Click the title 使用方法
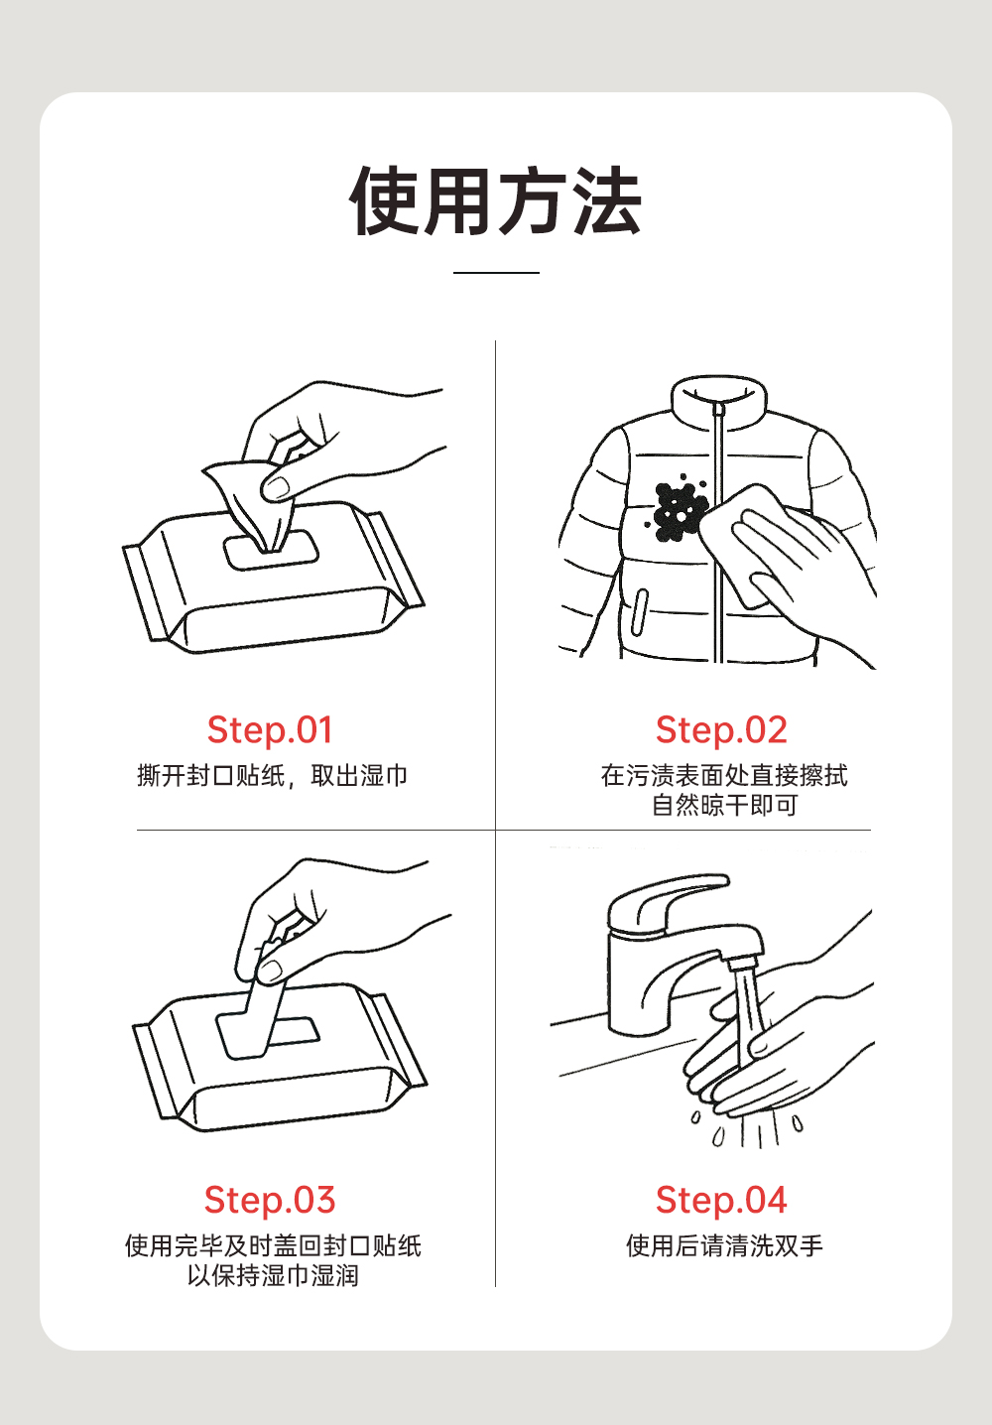(495, 201)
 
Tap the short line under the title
(496, 273)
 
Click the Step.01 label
(270, 729)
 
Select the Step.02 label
(721, 729)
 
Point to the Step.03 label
(270, 1200)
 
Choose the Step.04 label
(721, 1200)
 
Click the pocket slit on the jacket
(640, 612)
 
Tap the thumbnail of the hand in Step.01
(276, 488)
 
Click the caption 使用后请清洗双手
(724, 1245)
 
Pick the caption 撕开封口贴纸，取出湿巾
(272, 775)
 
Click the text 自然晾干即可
(724, 806)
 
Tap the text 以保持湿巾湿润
(273, 1275)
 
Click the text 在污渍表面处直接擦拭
(724, 775)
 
